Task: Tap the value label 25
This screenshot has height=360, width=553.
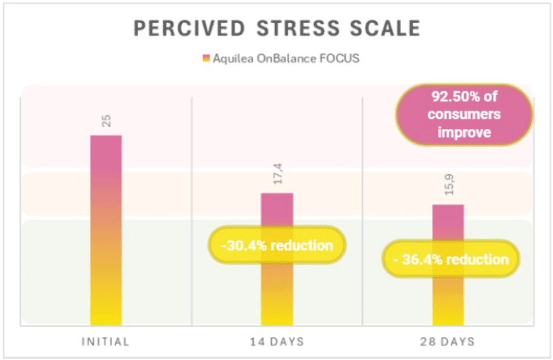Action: pos(106,122)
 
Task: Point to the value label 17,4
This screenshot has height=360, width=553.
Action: pos(276,181)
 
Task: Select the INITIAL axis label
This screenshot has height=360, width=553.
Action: pos(106,341)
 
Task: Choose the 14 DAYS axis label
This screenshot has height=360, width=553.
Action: pos(276,341)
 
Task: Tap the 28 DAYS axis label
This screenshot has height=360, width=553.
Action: pos(447,341)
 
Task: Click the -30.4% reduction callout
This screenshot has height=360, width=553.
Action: pos(276,245)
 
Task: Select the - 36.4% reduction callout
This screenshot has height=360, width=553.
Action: pos(451,259)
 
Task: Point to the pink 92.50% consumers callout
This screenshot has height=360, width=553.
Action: pos(464,113)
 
